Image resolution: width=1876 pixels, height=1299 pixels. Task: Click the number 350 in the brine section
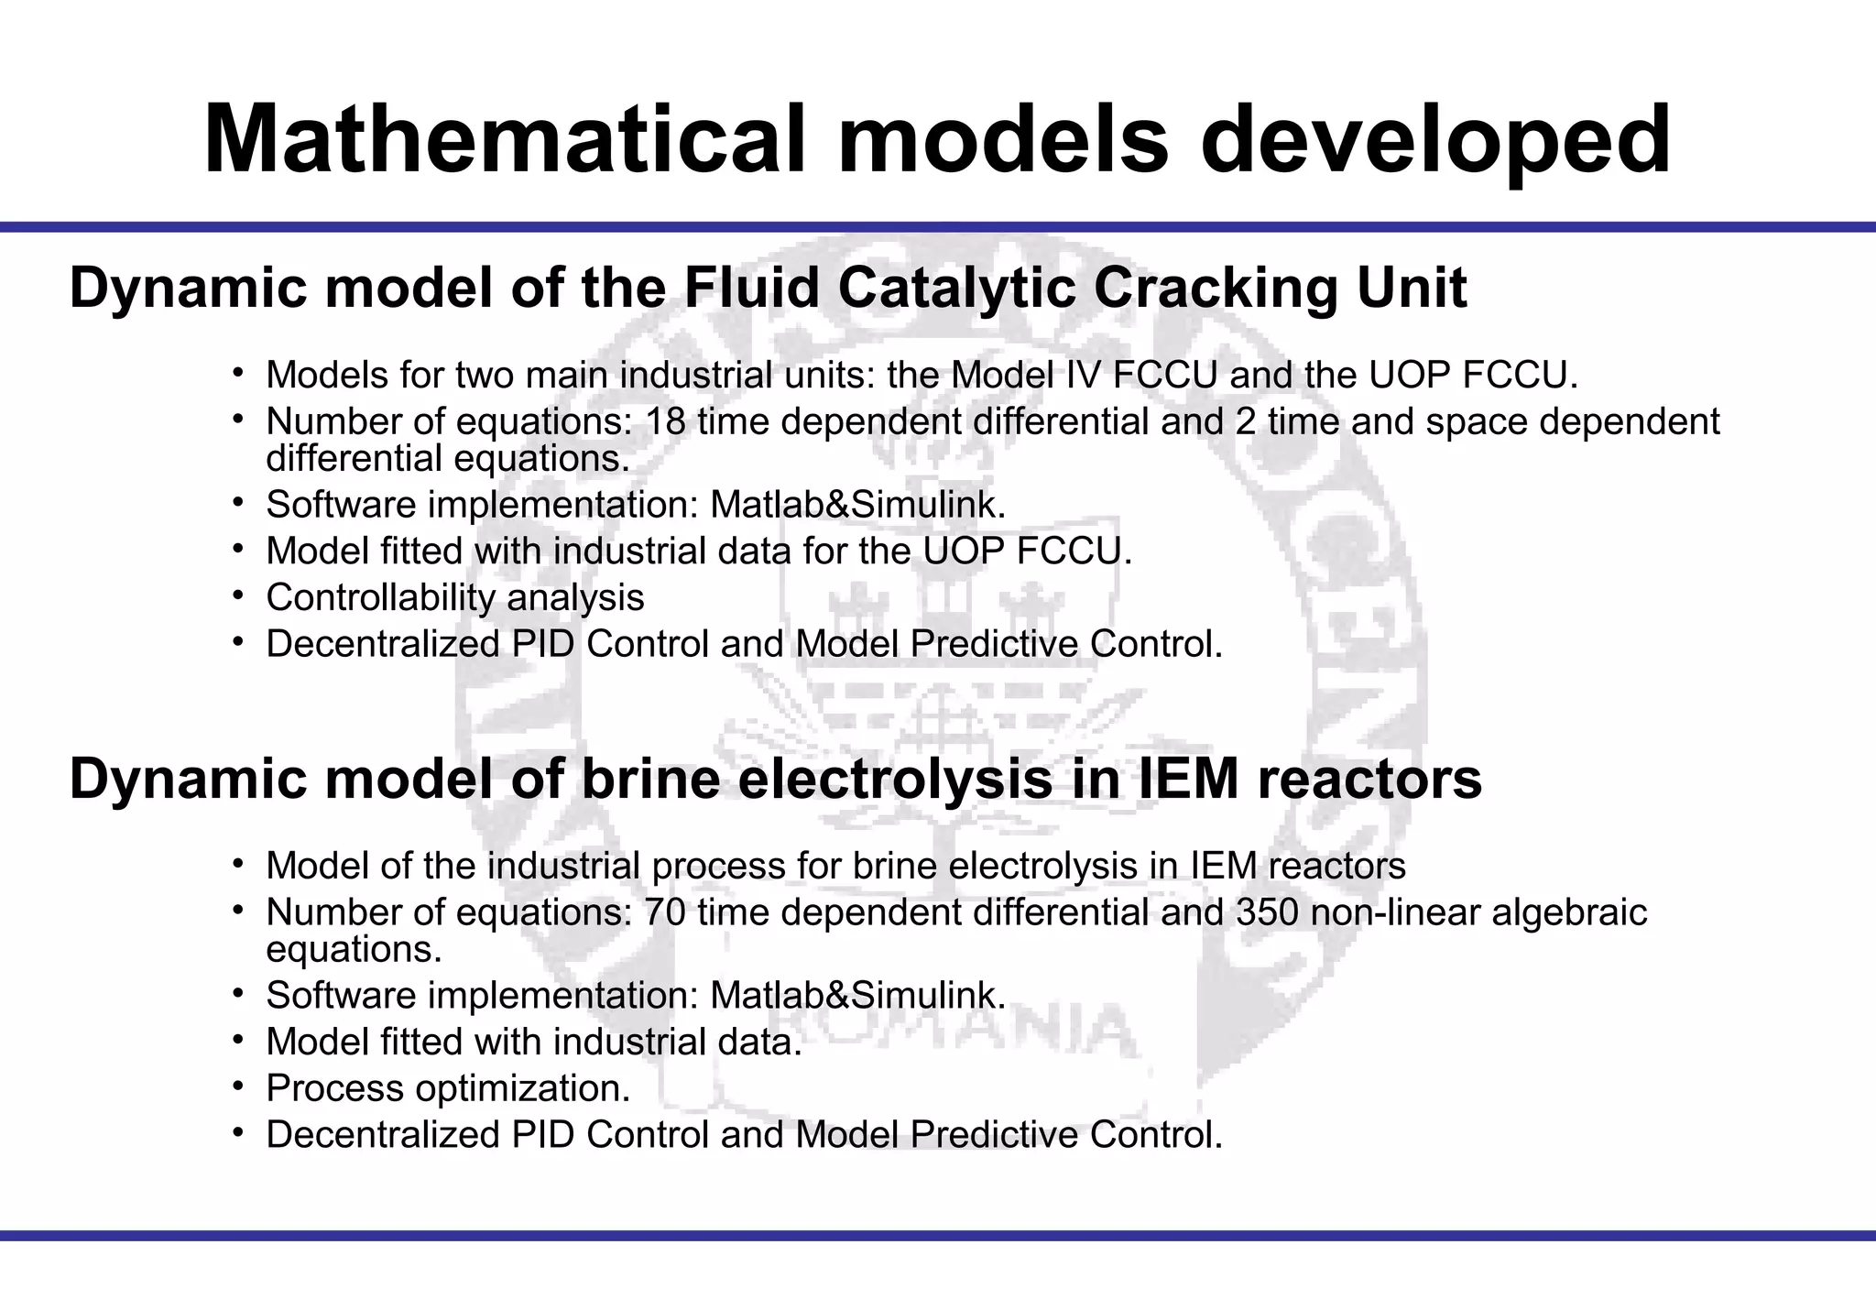pyautogui.click(x=1267, y=912)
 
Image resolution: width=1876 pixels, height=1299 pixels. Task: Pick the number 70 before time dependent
pyautogui.click(x=666, y=912)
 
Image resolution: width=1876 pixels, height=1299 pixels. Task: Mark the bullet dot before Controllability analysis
pyautogui.click(x=237, y=595)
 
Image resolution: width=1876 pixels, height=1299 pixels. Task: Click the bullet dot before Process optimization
pyautogui.click(x=237, y=1086)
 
